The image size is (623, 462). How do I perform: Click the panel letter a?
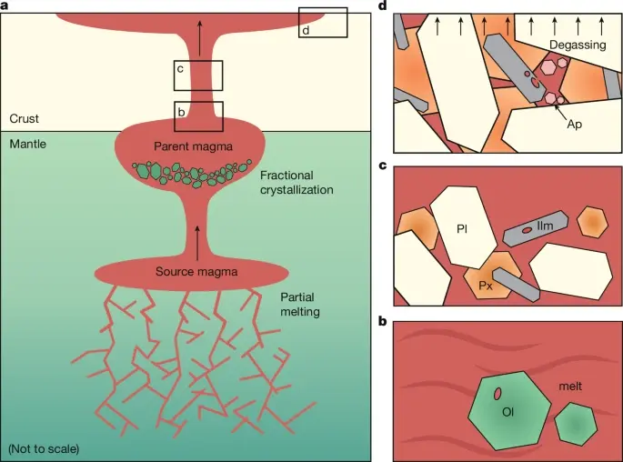click(5, 5)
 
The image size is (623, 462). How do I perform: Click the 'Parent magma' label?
click(193, 147)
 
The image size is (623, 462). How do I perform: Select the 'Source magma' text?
click(193, 270)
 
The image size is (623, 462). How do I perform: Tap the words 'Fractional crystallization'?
click(296, 182)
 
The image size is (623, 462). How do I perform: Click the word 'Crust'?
click(25, 118)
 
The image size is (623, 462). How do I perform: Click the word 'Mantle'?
click(28, 144)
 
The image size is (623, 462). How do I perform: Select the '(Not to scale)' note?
click(44, 448)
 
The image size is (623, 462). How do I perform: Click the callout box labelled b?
click(198, 115)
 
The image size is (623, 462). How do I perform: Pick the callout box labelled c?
click(198, 75)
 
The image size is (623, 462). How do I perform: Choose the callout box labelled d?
click(323, 23)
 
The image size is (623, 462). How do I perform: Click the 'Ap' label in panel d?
click(574, 124)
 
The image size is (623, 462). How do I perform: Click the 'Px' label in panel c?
click(486, 285)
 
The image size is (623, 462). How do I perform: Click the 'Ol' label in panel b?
click(508, 411)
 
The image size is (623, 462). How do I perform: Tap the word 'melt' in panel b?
click(570, 387)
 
